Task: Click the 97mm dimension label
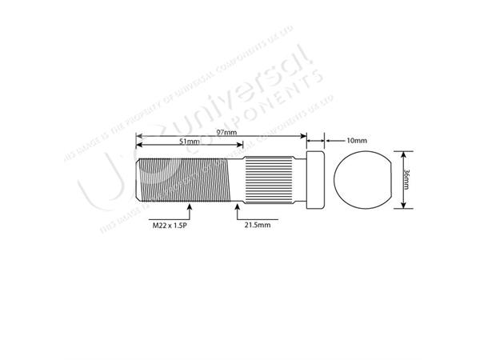pyautogui.click(x=226, y=132)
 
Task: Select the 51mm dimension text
pyautogui.click(x=189, y=142)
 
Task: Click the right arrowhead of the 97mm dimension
pyautogui.click(x=304, y=136)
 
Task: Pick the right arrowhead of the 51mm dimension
pyautogui.click(x=238, y=147)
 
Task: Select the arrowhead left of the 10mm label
pyautogui.click(x=326, y=139)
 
